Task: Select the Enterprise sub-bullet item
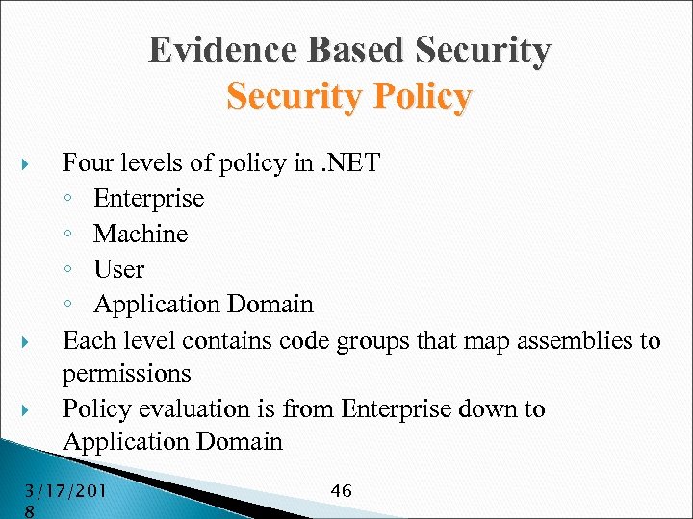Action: (x=148, y=198)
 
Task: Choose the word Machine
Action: (x=141, y=234)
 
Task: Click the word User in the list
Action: (x=118, y=269)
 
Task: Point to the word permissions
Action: (x=126, y=373)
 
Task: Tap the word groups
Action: (x=398, y=340)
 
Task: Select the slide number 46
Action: (x=341, y=491)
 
